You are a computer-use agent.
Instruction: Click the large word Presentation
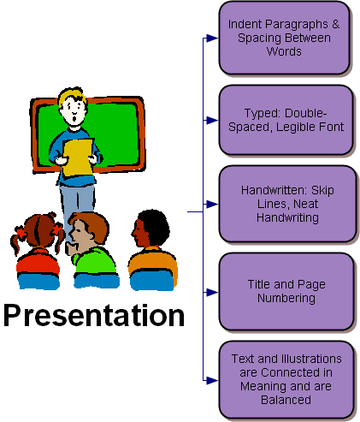click(94, 315)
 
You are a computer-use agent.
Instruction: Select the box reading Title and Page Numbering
click(286, 292)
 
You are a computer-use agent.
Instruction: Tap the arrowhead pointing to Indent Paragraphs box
click(212, 38)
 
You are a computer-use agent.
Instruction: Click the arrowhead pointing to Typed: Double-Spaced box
click(212, 120)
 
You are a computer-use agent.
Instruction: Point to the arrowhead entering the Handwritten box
click(212, 204)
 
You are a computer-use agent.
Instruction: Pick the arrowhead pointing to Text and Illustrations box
click(212, 380)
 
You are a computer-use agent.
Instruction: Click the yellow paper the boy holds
click(78, 158)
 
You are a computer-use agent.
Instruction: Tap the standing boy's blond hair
click(72, 96)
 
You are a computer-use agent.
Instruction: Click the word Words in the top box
click(284, 51)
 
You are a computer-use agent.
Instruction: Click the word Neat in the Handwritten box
click(305, 204)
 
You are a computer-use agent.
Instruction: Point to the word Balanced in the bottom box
click(286, 400)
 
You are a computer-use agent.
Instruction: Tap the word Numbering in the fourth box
click(286, 299)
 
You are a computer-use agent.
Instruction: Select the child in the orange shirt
click(152, 251)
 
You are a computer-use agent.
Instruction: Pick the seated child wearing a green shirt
click(91, 251)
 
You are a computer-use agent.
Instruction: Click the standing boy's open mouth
click(74, 117)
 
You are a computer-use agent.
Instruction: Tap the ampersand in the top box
click(335, 24)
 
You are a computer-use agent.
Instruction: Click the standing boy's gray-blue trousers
click(76, 205)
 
